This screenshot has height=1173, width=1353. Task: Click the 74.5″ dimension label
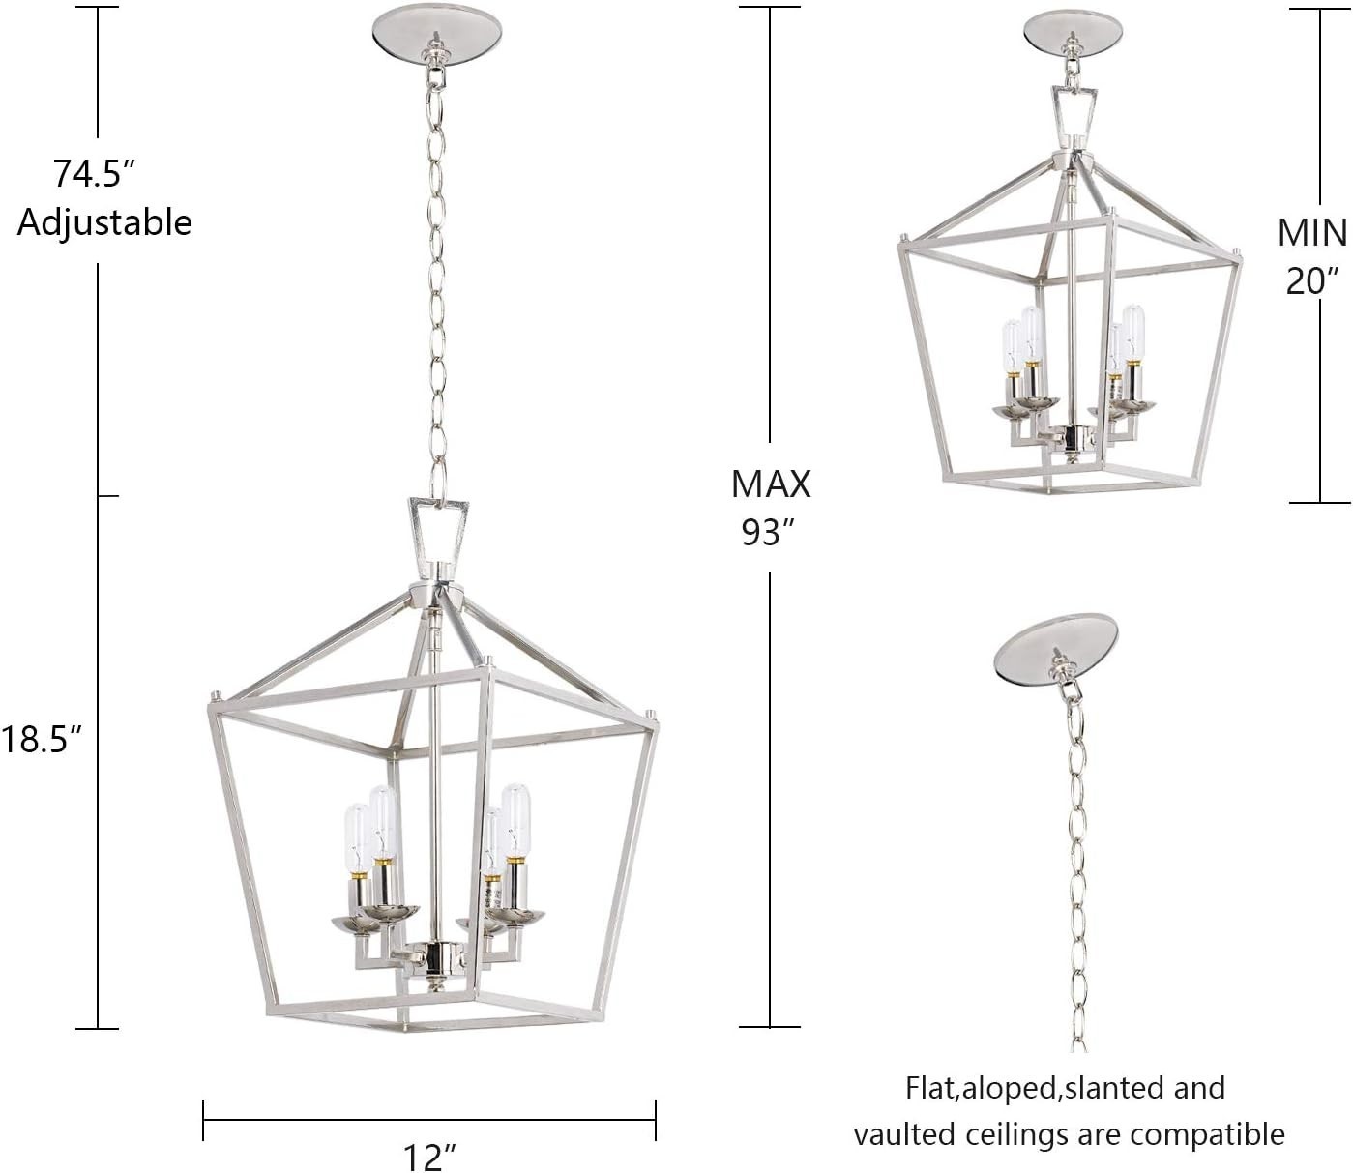point(94,174)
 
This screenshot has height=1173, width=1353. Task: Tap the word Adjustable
point(104,222)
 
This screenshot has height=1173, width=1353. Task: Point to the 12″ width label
point(427,1156)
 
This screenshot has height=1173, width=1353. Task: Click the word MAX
point(771,484)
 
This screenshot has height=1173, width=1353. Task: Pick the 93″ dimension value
point(768,531)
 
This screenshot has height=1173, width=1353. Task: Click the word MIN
point(1311,233)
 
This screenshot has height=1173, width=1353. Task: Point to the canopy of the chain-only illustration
point(1055,646)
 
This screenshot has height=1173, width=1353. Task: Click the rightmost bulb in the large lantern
point(515,820)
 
